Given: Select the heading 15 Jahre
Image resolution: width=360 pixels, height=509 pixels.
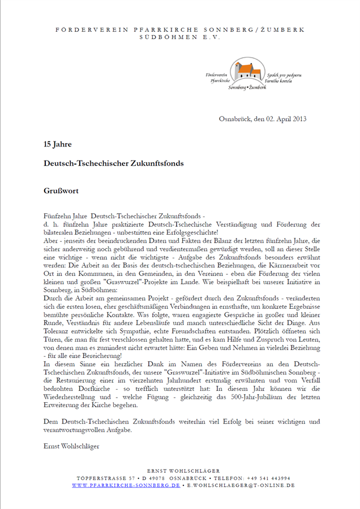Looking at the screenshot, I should click(58, 144).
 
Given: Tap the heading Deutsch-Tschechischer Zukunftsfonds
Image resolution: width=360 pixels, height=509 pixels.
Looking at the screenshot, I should click(114, 163).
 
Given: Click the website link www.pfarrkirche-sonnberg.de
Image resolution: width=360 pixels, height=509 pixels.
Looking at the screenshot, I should click(126, 485).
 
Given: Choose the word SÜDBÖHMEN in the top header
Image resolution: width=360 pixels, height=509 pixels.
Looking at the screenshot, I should click(161, 36).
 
